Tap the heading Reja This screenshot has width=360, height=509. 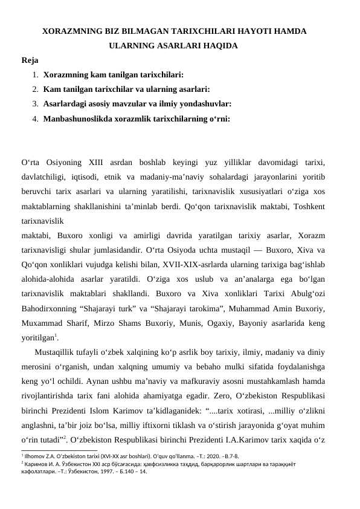coord(30,60)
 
